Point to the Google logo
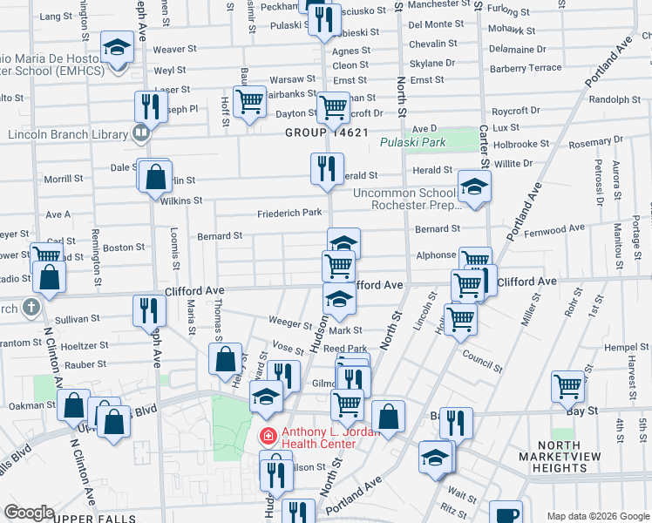[29, 512]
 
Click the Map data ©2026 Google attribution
[597, 516]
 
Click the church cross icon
[31, 307]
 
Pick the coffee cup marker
[506, 514]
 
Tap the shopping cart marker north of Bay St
[567, 384]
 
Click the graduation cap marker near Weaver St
[115, 48]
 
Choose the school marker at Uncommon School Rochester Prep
[473, 187]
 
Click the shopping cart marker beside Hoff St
[249, 101]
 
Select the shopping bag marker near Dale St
[154, 177]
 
